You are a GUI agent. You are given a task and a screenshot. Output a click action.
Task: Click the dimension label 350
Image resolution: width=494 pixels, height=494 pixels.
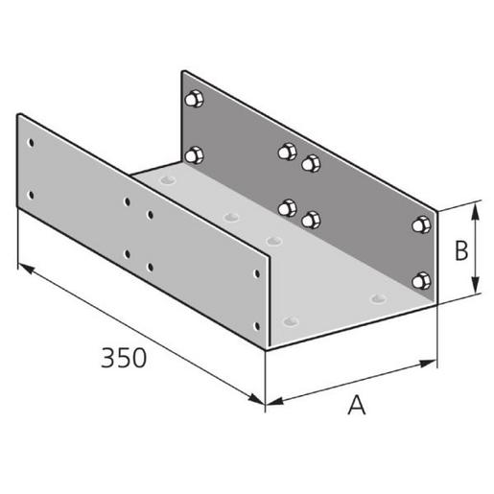pyautogui.click(x=124, y=358)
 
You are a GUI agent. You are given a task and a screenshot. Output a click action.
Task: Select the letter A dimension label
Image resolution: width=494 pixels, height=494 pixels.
pyautogui.click(x=357, y=407)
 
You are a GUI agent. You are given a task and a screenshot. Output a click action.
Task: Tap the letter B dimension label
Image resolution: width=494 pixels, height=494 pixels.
pyautogui.click(x=460, y=250)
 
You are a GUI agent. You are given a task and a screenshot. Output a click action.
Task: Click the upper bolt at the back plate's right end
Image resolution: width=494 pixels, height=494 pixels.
pyautogui.click(x=418, y=225)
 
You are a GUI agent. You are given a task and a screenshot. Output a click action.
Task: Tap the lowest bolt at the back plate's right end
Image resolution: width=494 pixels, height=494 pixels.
pyautogui.click(x=418, y=280)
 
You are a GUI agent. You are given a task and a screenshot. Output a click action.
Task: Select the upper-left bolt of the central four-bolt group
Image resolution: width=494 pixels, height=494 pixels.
pyautogui.click(x=286, y=151)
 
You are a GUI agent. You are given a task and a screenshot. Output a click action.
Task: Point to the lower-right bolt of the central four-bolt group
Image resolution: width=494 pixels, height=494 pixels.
pyautogui.click(x=309, y=221)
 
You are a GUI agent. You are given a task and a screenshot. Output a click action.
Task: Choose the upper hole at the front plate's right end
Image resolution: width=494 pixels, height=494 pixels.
pyautogui.click(x=256, y=274)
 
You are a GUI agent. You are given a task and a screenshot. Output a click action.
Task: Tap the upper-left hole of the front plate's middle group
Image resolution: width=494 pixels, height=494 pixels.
pyautogui.click(x=128, y=202)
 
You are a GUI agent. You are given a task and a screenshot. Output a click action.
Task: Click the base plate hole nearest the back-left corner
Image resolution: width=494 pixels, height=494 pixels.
pyautogui.click(x=170, y=179)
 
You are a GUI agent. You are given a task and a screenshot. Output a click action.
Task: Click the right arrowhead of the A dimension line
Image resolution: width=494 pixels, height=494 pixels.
pyautogui.click(x=435, y=363)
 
